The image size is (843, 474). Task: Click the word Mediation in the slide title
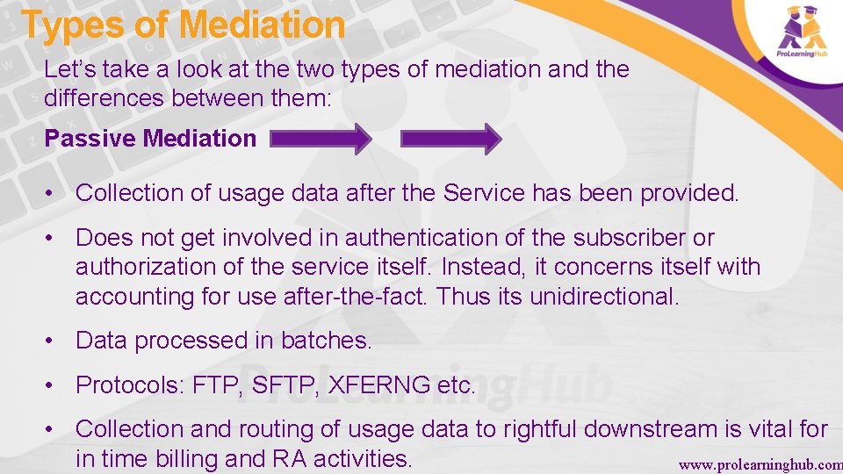(261, 25)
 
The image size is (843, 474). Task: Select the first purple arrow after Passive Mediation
(321, 139)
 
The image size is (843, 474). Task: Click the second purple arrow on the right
(450, 139)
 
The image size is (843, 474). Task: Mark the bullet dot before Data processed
(54, 341)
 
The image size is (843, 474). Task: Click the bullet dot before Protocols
(54, 385)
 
